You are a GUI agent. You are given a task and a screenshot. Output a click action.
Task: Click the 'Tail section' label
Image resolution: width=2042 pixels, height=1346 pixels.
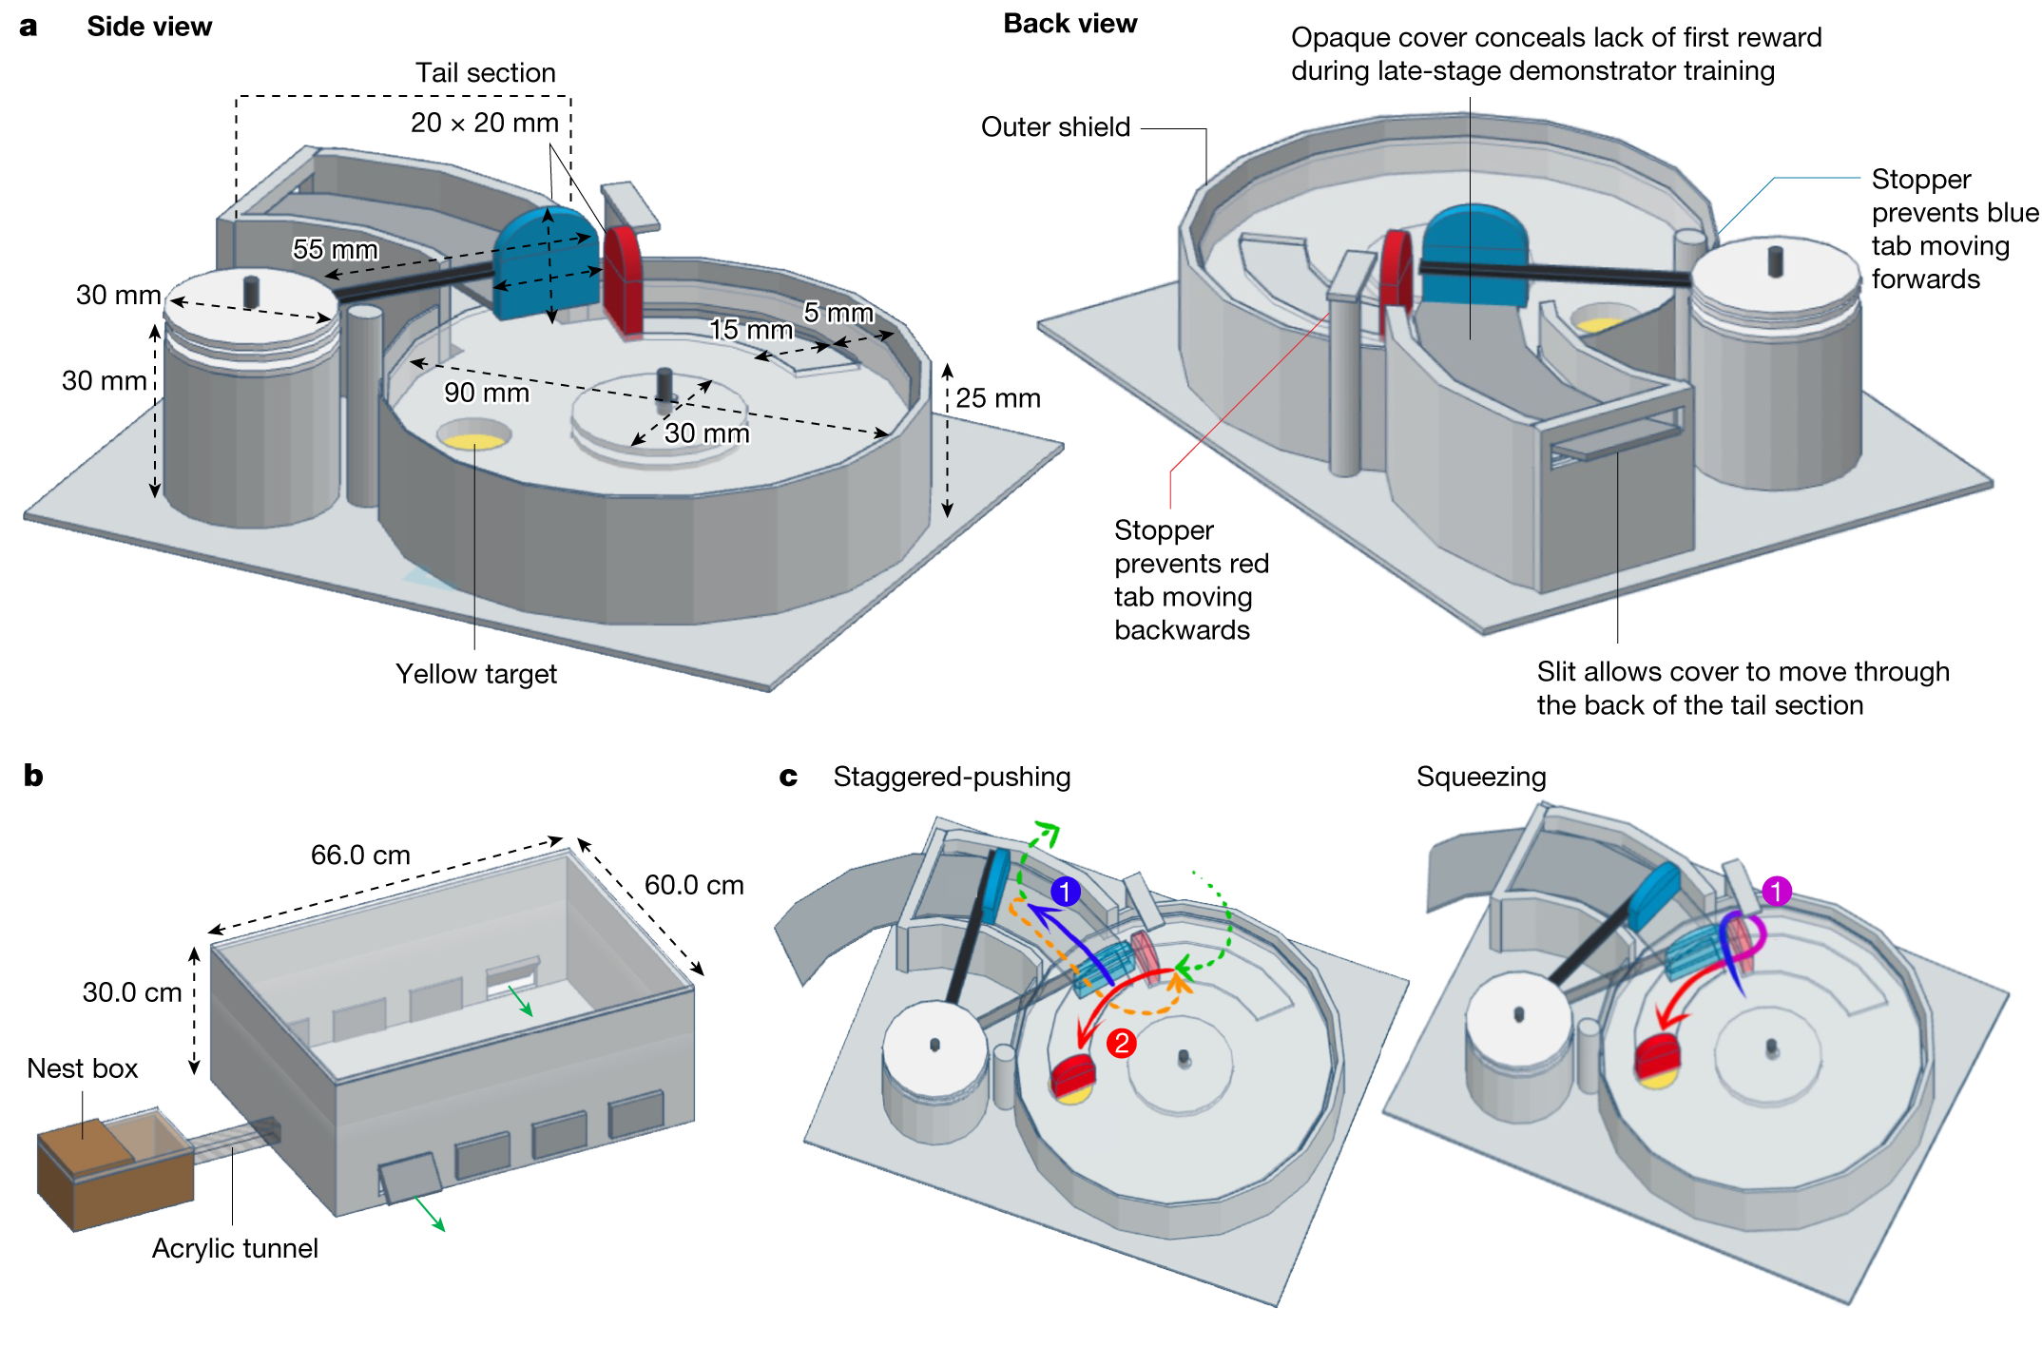coord(485,73)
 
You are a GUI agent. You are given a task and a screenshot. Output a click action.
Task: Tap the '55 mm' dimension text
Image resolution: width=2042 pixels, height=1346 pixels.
coord(335,249)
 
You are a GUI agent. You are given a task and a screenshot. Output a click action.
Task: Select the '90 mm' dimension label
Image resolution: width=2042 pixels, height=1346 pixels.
coord(486,393)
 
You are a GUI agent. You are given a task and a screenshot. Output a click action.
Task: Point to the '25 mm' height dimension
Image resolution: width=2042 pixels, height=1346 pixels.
coord(997,398)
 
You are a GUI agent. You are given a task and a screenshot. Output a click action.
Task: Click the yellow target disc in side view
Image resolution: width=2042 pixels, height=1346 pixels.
coord(474,440)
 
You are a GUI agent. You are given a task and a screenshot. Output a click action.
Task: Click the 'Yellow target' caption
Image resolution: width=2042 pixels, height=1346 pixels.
coord(475,674)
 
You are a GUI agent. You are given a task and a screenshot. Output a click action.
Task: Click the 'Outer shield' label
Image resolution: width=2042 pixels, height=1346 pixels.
coord(1055,127)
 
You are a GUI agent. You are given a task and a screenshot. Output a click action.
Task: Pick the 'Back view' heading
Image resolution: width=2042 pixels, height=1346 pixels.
coord(1069,24)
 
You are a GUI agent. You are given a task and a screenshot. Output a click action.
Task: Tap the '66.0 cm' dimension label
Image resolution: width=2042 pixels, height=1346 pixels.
coord(360,855)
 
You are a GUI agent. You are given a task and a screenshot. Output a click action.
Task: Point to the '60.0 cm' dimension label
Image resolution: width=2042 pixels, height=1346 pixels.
coord(694,885)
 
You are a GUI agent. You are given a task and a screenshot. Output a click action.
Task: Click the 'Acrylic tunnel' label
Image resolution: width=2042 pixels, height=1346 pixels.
coord(235,1248)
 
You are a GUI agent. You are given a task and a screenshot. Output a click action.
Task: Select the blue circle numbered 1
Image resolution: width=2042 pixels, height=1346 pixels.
coord(1066,892)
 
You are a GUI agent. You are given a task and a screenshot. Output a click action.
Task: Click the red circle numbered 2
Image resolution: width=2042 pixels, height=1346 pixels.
coord(1122,1043)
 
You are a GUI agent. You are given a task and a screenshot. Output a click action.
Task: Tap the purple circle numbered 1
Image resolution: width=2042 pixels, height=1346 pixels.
coord(1776,891)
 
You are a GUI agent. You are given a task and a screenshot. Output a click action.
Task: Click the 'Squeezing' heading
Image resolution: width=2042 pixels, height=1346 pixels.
coord(1480,777)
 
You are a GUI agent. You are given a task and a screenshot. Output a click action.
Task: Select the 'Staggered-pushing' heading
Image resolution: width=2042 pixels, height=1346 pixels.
coord(952,777)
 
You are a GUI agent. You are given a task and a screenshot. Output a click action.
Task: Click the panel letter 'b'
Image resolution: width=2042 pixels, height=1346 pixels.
coord(33,776)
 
